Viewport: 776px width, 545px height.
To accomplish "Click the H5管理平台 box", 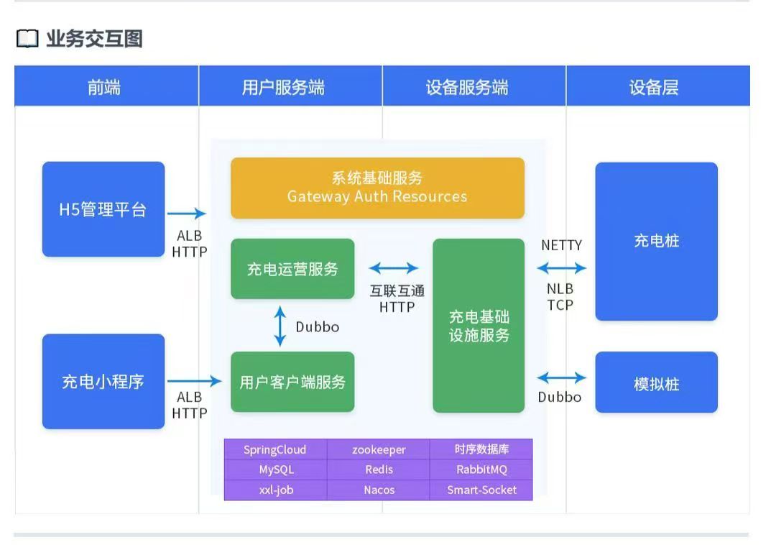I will [103, 209].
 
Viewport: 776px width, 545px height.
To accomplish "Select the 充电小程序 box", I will [103, 381].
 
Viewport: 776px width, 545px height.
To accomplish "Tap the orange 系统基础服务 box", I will [377, 188].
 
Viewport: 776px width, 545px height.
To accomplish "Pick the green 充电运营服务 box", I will [292, 269].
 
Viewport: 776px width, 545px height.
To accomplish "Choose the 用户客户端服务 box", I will [292, 382].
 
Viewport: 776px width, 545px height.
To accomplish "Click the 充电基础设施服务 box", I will [479, 326].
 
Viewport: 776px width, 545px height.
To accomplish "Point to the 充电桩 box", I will [656, 242].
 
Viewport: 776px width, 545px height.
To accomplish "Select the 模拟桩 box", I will [656, 383].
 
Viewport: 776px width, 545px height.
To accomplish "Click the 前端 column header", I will [105, 87].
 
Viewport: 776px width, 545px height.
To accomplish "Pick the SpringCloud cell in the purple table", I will [275, 450].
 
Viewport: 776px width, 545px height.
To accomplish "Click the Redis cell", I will [379, 470].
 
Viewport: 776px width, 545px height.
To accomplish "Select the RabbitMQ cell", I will [481, 470].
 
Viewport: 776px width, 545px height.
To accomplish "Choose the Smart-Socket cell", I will [481, 490].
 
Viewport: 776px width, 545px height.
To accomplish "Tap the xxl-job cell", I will [276, 490].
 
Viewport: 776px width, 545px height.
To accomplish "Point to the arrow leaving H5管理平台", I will [187, 213].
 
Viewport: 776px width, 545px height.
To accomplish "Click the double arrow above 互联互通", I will [394, 268].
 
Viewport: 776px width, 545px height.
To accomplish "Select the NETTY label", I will [562, 245].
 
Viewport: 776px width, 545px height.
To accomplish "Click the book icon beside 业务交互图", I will [27, 40].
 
